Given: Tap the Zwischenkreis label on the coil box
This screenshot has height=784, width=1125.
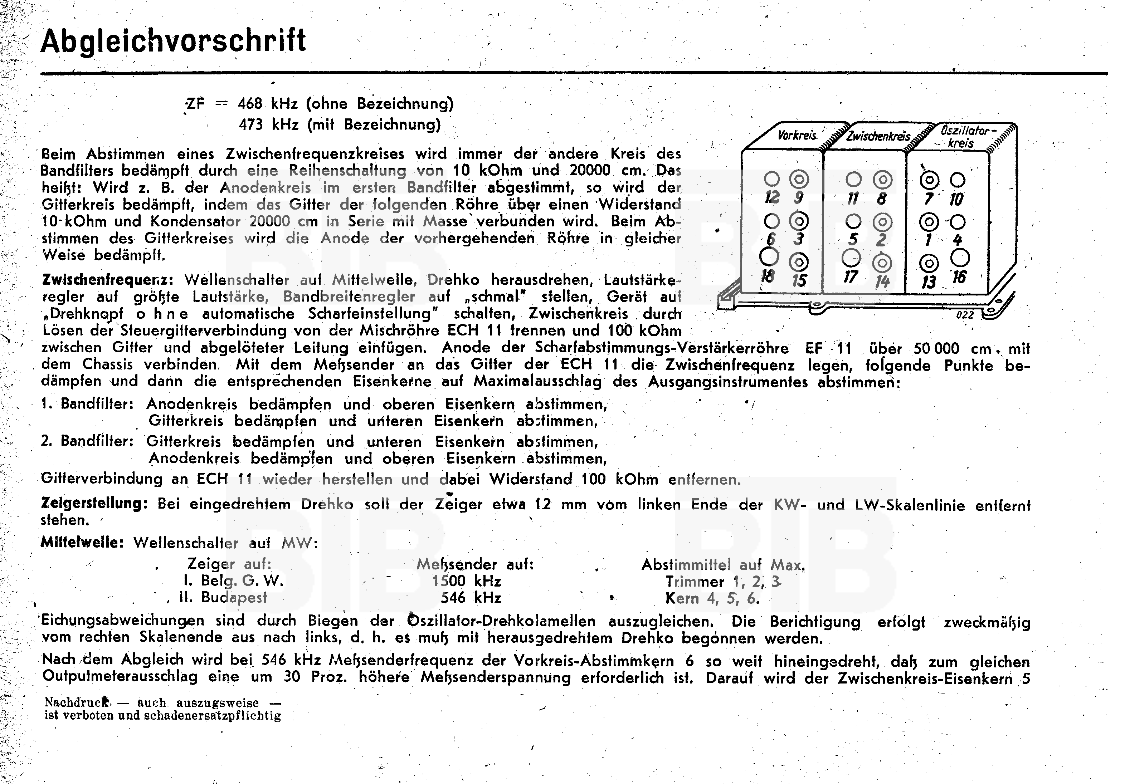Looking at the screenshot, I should coord(878,136).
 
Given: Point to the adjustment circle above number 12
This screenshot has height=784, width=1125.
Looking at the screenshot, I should coord(772,180).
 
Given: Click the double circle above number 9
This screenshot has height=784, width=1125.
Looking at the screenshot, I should coord(799,180).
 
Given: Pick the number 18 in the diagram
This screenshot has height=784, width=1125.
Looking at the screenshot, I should coord(767,276).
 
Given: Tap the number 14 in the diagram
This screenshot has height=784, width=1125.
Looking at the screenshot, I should coord(881,281).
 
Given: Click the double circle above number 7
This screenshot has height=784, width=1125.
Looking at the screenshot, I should coord(929,181).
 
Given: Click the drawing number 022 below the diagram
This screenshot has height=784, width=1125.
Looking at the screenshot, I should coord(965,315).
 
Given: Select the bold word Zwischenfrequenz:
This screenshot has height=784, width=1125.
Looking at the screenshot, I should coord(107,280).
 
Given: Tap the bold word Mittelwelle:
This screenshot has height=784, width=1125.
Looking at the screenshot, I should coord(82,543).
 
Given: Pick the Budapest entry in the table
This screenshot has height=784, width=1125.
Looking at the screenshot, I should coord(234,598).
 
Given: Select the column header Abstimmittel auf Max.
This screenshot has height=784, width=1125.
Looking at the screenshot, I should coord(723,565).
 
